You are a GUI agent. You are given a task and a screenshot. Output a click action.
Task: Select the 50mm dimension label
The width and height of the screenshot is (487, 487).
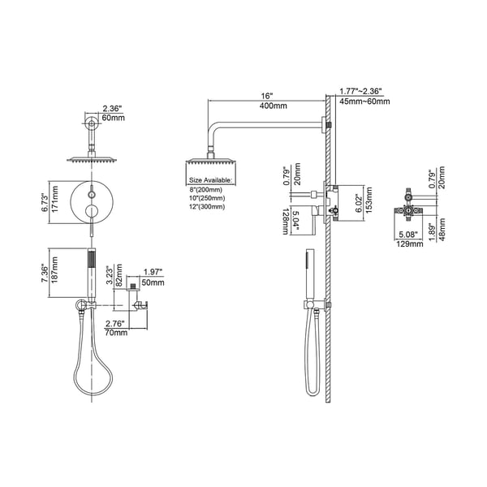pyautogui.click(x=153, y=282)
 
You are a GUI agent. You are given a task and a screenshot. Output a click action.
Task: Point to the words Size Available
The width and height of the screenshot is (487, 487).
pyautogui.click(x=211, y=179)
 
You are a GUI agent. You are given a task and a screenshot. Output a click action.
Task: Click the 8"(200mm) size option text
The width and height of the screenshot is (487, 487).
pyautogui.click(x=206, y=188)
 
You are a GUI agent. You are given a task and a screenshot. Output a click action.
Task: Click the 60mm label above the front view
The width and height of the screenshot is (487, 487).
pyautogui.click(x=113, y=118)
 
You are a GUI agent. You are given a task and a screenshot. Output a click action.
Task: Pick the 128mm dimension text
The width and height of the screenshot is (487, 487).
pyautogui.click(x=287, y=220)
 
